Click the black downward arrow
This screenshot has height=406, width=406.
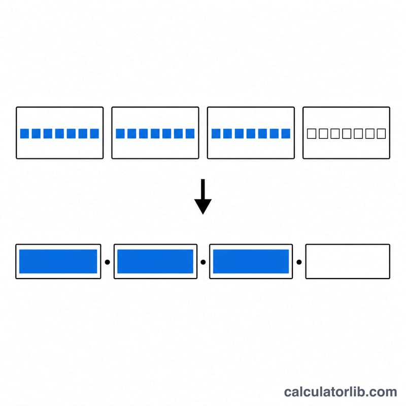(203, 196)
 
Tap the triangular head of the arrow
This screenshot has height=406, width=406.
(203, 207)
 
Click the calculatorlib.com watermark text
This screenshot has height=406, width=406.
(340, 392)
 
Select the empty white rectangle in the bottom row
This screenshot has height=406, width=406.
(348, 261)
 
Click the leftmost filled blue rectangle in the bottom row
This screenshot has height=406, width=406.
(58, 261)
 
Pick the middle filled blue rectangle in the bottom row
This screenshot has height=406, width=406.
(155, 261)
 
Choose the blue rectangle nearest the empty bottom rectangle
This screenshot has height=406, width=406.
(251, 261)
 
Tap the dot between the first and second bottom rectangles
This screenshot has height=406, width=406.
(108, 262)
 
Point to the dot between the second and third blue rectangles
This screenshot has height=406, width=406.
(204, 262)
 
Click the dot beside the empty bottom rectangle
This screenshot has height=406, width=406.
(299, 262)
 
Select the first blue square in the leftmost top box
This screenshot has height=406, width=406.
(24, 133)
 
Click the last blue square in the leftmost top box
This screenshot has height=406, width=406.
(94, 133)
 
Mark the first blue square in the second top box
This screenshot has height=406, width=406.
(120, 133)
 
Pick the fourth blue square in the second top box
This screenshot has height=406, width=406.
(155, 133)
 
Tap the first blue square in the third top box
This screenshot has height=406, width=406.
(216, 133)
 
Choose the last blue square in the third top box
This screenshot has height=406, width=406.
(286, 133)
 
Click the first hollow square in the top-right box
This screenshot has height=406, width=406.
(312, 133)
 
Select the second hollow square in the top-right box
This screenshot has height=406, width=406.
(323, 133)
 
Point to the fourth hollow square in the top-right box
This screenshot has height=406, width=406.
(347, 133)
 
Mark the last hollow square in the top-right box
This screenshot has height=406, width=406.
(382, 133)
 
